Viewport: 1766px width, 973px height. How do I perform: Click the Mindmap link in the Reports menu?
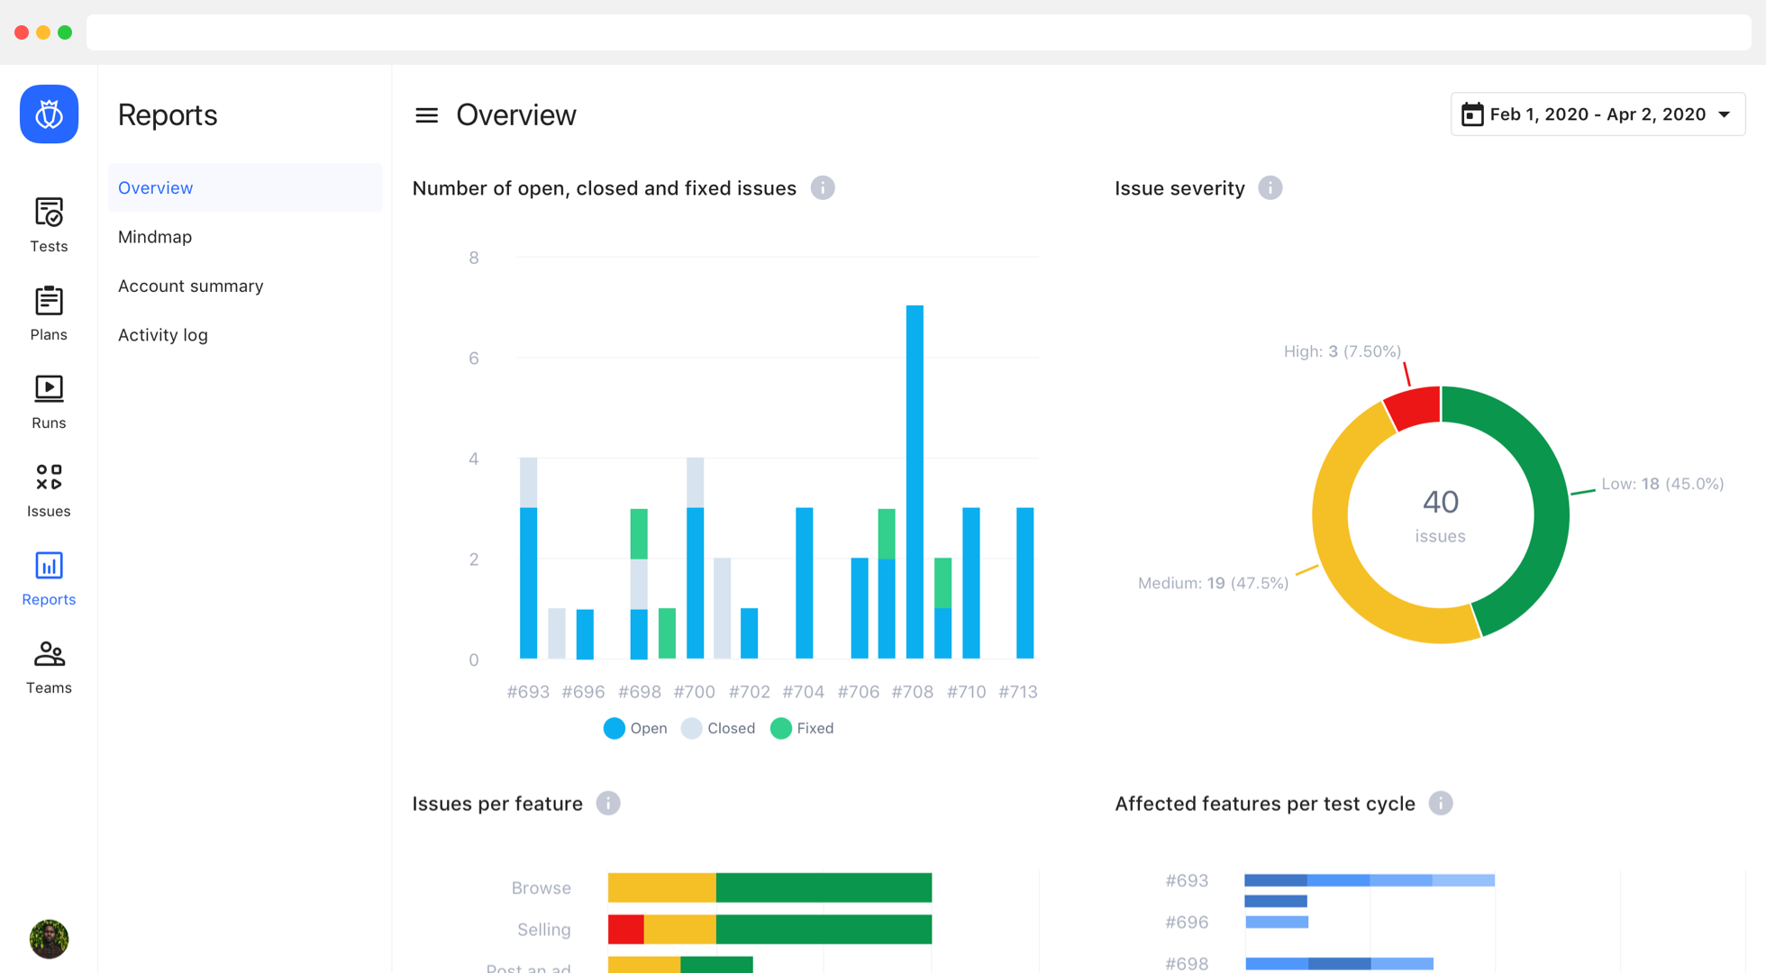(155, 237)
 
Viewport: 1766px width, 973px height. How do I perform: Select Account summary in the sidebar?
(190, 286)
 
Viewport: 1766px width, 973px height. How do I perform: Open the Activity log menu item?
(162, 335)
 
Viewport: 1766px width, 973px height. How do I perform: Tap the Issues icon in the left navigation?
(49, 477)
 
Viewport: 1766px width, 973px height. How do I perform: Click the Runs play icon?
(49, 388)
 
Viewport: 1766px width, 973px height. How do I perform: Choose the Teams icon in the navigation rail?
(49, 654)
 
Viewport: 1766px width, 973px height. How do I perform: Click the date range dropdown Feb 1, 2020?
(1598, 114)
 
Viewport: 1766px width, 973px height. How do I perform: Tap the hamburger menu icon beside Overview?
(426, 115)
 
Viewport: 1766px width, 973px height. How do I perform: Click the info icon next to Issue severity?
(1270, 188)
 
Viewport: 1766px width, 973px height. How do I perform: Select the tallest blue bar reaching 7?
(915, 481)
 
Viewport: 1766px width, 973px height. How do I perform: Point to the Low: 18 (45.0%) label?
(1662, 484)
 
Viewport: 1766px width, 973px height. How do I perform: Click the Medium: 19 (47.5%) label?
(1213, 583)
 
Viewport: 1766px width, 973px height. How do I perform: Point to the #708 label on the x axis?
(912, 692)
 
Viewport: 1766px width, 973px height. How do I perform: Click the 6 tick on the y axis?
(474, 359)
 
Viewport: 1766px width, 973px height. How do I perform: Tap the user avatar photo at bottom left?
(49, 939)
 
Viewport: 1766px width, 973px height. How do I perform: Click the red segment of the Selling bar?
(626, 929)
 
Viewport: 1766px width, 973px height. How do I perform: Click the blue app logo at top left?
(49, 114)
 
